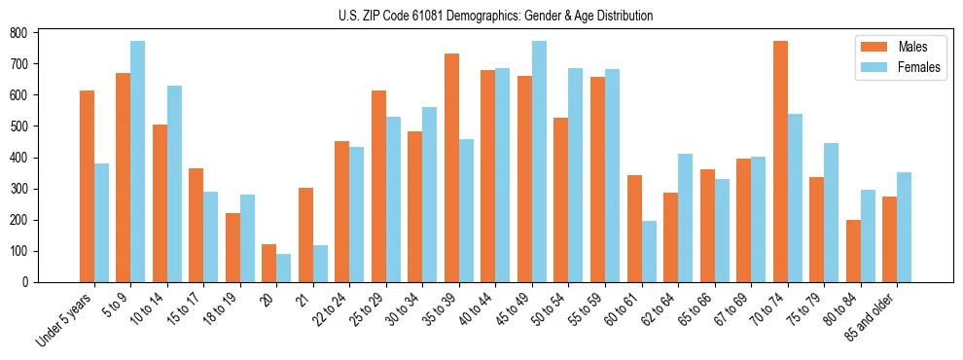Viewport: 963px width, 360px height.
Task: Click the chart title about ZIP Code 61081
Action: (481, 16)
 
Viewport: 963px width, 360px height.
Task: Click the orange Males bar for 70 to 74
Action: (780, 162)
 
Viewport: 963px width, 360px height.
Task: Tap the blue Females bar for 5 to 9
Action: (138, 162)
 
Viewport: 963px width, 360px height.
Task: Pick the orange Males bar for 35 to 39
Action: (451, 167)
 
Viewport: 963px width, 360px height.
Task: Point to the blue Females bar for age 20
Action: (284, 268)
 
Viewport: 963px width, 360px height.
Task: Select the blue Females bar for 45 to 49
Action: (539, 162)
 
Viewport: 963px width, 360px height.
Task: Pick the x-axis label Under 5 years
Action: (66, 317)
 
